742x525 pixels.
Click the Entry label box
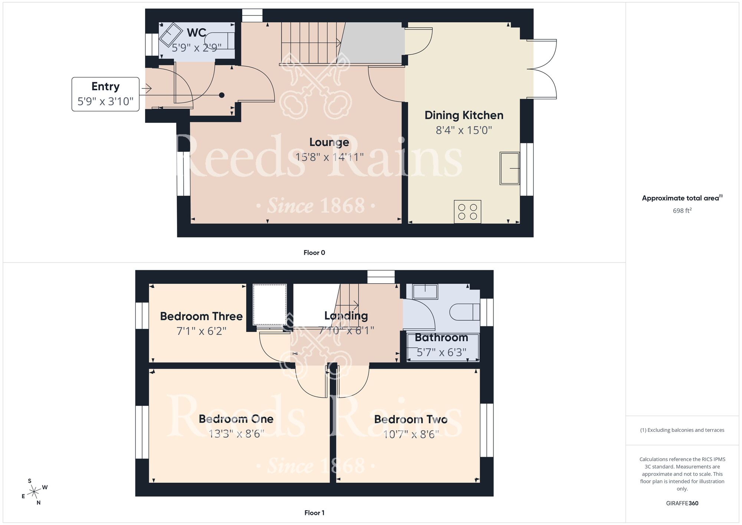105,94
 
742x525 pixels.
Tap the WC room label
196,33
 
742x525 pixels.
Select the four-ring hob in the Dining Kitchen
467,212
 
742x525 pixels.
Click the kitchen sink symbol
509,168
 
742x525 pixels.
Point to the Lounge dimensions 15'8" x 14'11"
329,157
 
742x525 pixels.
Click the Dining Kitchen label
464,115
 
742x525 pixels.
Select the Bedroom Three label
201,316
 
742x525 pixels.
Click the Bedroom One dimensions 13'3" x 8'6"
236,434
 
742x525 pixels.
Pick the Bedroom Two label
411,419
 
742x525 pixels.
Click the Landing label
346,316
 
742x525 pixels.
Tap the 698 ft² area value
682,211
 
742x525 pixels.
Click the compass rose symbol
34,492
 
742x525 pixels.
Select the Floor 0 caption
314,252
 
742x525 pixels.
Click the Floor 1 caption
314,513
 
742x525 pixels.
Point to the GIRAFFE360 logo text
682,503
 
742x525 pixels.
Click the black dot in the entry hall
221,95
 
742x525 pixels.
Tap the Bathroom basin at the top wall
425,291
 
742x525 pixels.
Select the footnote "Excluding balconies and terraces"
682,430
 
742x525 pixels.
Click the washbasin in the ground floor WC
171,34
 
